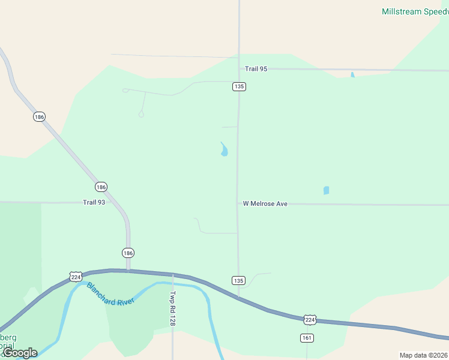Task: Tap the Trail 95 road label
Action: (256, 69)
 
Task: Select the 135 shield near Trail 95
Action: (239, 86)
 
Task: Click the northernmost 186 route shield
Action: (39, 116)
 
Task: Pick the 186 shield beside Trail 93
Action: (101, 187)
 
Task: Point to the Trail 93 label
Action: (94, 203)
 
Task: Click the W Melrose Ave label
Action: (265, 204)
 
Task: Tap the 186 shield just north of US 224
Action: (128, 253)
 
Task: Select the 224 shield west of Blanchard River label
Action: (75, 276)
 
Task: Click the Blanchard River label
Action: (111, 293)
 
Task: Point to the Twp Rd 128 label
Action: (172, 310)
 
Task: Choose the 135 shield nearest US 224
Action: (238, 280)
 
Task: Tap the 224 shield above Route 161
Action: (309, 320)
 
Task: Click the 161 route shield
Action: (306, 338)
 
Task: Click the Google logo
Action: (20, 353)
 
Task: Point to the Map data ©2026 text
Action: (424, 355)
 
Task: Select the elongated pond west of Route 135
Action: (224, 149)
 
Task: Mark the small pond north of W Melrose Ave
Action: (326, 190)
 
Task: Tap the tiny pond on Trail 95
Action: (352, 75)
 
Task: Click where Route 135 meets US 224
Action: (238, 296)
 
